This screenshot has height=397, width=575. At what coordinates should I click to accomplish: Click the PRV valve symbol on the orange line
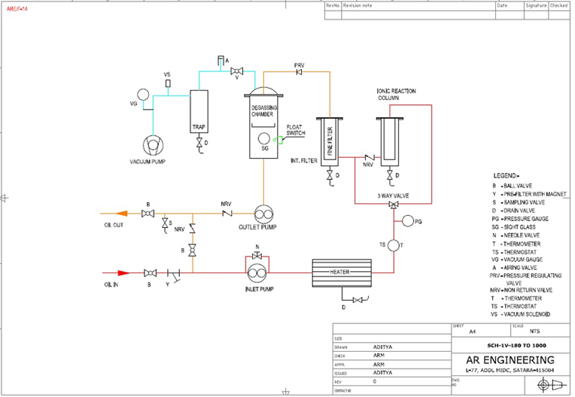click(x=299, y=72)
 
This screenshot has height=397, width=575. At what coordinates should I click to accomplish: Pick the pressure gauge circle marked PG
click(x=407, y=221)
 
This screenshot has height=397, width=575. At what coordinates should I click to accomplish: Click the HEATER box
click(x=341, y=272)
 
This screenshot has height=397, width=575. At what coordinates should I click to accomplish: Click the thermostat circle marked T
click(x=394, y=246)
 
